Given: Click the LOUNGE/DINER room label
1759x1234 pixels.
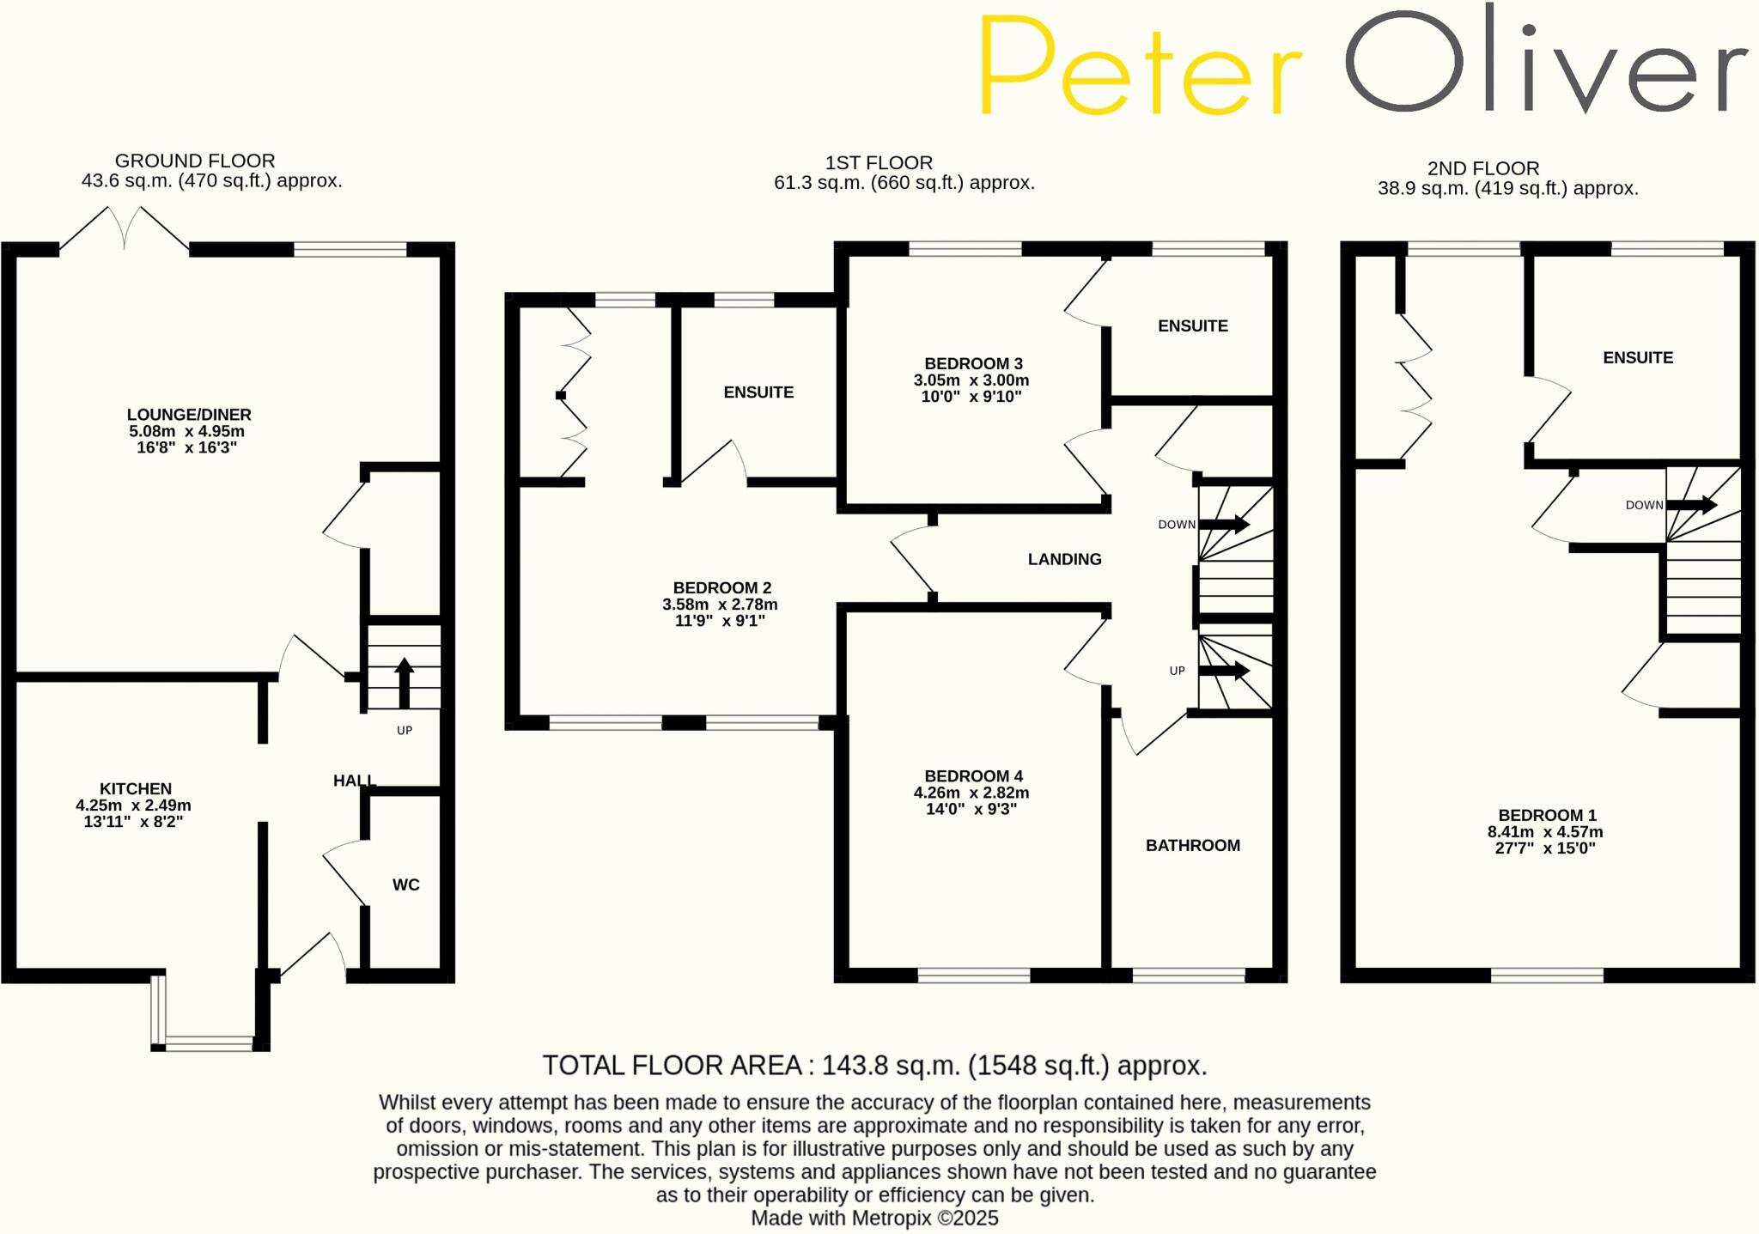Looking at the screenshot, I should pos(189,415).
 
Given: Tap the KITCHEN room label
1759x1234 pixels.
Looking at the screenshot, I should pos(135,788).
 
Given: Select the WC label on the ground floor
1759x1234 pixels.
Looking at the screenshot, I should pos(405,884).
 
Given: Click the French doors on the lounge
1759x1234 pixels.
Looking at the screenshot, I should pos(125,228).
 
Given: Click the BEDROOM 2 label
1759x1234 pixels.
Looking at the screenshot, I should pos(721,588).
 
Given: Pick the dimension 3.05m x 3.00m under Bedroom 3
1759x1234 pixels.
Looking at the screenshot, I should pos(971,380).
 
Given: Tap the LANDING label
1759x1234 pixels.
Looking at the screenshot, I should pos(1064,559).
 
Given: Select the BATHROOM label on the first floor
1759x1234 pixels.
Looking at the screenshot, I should pos(1192,845).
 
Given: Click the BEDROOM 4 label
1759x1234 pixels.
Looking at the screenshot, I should pos(973,776).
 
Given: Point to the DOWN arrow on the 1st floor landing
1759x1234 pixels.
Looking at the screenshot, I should pos(1224,524).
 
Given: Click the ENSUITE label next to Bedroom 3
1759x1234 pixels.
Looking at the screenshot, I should pos(1192,325).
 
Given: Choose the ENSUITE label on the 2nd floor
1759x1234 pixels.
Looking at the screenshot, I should pos(1637,357).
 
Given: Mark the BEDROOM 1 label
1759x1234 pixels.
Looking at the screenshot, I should pos(1547,815).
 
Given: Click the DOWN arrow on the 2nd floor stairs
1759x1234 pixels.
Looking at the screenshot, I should pos(1691,505).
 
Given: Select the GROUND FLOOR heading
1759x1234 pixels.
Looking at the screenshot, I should pos(195,161).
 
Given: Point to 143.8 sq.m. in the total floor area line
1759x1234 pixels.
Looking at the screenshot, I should pos(890,1066).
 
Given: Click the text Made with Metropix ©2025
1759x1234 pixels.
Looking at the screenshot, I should pos(874,1218).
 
